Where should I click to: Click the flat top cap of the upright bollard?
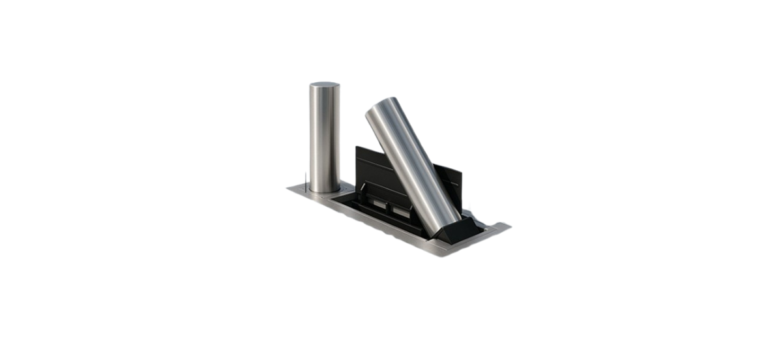point(324,85)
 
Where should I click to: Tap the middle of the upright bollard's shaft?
point(324,137)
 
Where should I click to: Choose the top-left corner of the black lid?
point(356,147)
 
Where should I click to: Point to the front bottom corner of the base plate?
point(443,255)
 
